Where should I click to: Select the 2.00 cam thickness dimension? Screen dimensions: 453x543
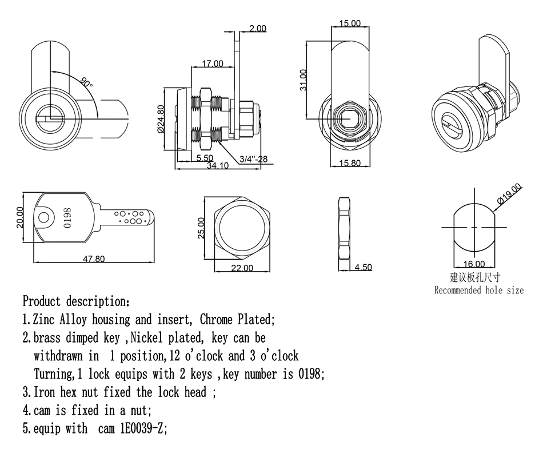pos(258,28)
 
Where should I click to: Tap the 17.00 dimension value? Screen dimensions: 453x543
pos(213,63)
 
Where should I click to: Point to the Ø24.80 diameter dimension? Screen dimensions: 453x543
pos(161,118)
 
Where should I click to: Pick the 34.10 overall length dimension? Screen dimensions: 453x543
pos(218,166)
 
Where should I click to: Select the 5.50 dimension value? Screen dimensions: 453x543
pos(205,158)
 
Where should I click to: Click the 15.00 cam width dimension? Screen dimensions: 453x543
pos(349,23)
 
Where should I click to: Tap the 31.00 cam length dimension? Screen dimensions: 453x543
pos(304,80)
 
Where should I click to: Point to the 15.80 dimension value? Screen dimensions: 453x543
pos(349,164)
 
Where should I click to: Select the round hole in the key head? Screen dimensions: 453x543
pos(44,218)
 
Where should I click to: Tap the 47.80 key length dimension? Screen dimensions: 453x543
pos(94,259)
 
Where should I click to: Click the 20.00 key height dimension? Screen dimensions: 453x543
pos(20,217)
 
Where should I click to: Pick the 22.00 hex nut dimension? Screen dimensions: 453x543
pos(241,268)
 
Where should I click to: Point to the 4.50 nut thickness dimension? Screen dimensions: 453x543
pos(364,267)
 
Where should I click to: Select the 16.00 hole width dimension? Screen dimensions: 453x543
pos(474,264)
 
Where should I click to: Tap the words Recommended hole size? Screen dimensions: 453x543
pos(478,290)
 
